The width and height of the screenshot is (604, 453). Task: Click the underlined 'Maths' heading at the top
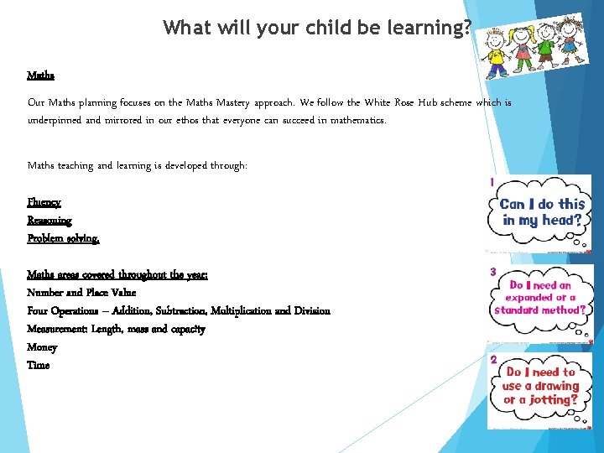click(x=40, y=75)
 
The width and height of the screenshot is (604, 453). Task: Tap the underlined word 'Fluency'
click(x=44, y=202)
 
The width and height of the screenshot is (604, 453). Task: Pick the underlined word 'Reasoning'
click(x=49, y=220)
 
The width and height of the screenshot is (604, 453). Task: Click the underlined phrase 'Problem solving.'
click(x=63, y=238)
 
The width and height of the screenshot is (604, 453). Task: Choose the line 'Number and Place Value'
click(x=81, y=293)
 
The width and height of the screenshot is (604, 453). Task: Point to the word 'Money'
click(x=42, y=346)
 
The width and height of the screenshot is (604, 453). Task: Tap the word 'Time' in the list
click(x=38, y=365)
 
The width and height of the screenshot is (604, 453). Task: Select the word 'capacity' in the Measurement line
click(x=185, y=329)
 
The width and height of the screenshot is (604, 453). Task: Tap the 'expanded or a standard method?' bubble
click(x=541, y=299)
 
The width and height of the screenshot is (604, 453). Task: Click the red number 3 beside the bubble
click(x=493, y=272)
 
